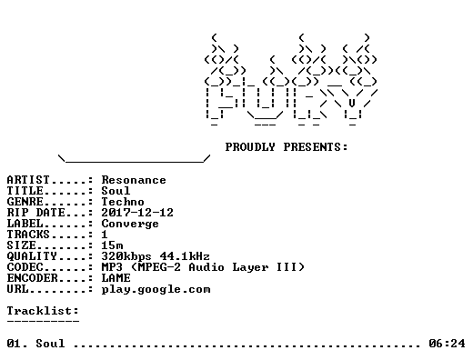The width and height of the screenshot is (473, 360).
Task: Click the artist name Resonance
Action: click(134, 180)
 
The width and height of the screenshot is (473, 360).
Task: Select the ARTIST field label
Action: click(28, 180)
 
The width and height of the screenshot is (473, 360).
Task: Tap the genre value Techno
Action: click(123, 202)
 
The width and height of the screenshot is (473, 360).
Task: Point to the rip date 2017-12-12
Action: click(137, 213)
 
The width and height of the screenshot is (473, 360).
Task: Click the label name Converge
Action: click(130, 224)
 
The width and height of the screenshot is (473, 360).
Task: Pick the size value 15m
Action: click(112, 245)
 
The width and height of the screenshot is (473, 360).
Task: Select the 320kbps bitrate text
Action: click(126, 256)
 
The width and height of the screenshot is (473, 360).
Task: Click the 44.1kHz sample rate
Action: click(185, 256)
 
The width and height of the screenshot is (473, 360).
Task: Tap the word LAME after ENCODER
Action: click(116, 278)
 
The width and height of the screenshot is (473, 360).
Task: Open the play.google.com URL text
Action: click(156, 290)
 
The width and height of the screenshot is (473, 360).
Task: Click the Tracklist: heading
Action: click(43, 311)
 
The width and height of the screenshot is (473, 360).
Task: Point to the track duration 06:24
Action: click(447, 344)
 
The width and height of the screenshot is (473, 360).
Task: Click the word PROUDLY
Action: click(250, 147)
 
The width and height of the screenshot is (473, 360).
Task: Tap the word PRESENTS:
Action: click(316, 147)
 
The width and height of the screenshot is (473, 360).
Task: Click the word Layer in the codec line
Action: click(250, 268)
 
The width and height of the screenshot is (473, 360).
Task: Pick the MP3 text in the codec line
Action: click(112, 267)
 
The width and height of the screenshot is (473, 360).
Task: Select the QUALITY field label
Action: click(32, 256)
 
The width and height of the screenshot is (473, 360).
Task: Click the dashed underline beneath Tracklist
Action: click(43, 321)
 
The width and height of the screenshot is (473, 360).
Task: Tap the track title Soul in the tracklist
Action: click(50, 344)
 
